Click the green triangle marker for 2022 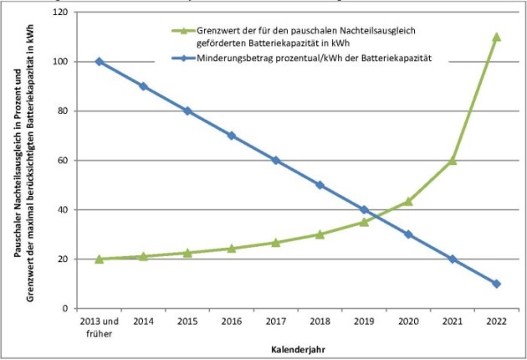pyautogui.click(x=496, y=37)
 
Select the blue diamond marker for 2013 pyautogui.click(x=99, y=61)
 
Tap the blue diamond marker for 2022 pyautogui.click(x=496, y=284)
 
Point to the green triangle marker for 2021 pyautogui.click(x=452, y=160)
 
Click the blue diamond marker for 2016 pyautogui.click(x=231, y=136)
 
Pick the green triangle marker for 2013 pyautogui.click(x=99, y=259)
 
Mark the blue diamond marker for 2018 pyautogui.click(x=320, y=185)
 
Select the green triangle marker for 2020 pyautogui.click(x=407, y=201)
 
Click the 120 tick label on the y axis pyautogui.click(x=59, y=13)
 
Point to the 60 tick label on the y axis pyautogui.click(x=62, y=160)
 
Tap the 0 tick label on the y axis pyautogui.click(x=64, y=308)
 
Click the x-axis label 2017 pyautogui.click(x=275, y=321)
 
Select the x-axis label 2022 pyautogui.click(x=496, y=321)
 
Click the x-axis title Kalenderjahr pyautogui.click(x=297, y=347)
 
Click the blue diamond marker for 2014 pyautogui.click(x=143, y=86)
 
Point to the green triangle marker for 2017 pyautogui.click(x=275, y=243)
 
